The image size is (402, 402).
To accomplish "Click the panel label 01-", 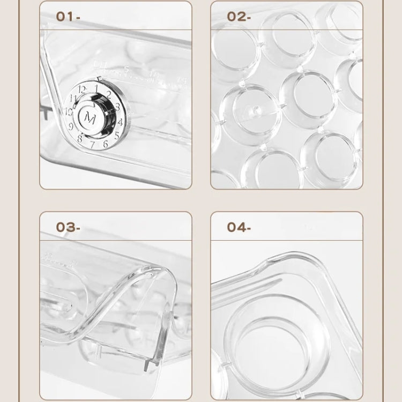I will [x=68, y=16].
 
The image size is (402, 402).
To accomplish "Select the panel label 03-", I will [x=68, y=227].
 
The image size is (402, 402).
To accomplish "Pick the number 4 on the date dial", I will [x=121, y=122].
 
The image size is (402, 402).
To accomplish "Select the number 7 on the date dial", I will [x=92, y=145].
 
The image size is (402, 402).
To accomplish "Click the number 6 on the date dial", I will [x=106, y=142].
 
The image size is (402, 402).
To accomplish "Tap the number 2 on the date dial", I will [x=109, y=95].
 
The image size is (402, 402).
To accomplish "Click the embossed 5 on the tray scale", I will [x=126, y=68].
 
